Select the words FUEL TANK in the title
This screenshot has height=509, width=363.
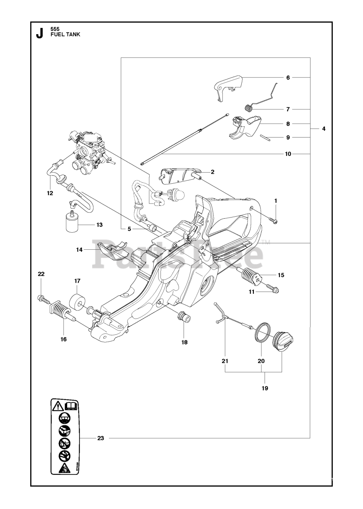click(66, 35)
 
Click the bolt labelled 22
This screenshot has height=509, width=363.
click(42, 297)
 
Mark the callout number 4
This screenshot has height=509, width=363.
click(324, 129)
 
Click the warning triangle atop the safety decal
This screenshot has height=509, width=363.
click(58, 406)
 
